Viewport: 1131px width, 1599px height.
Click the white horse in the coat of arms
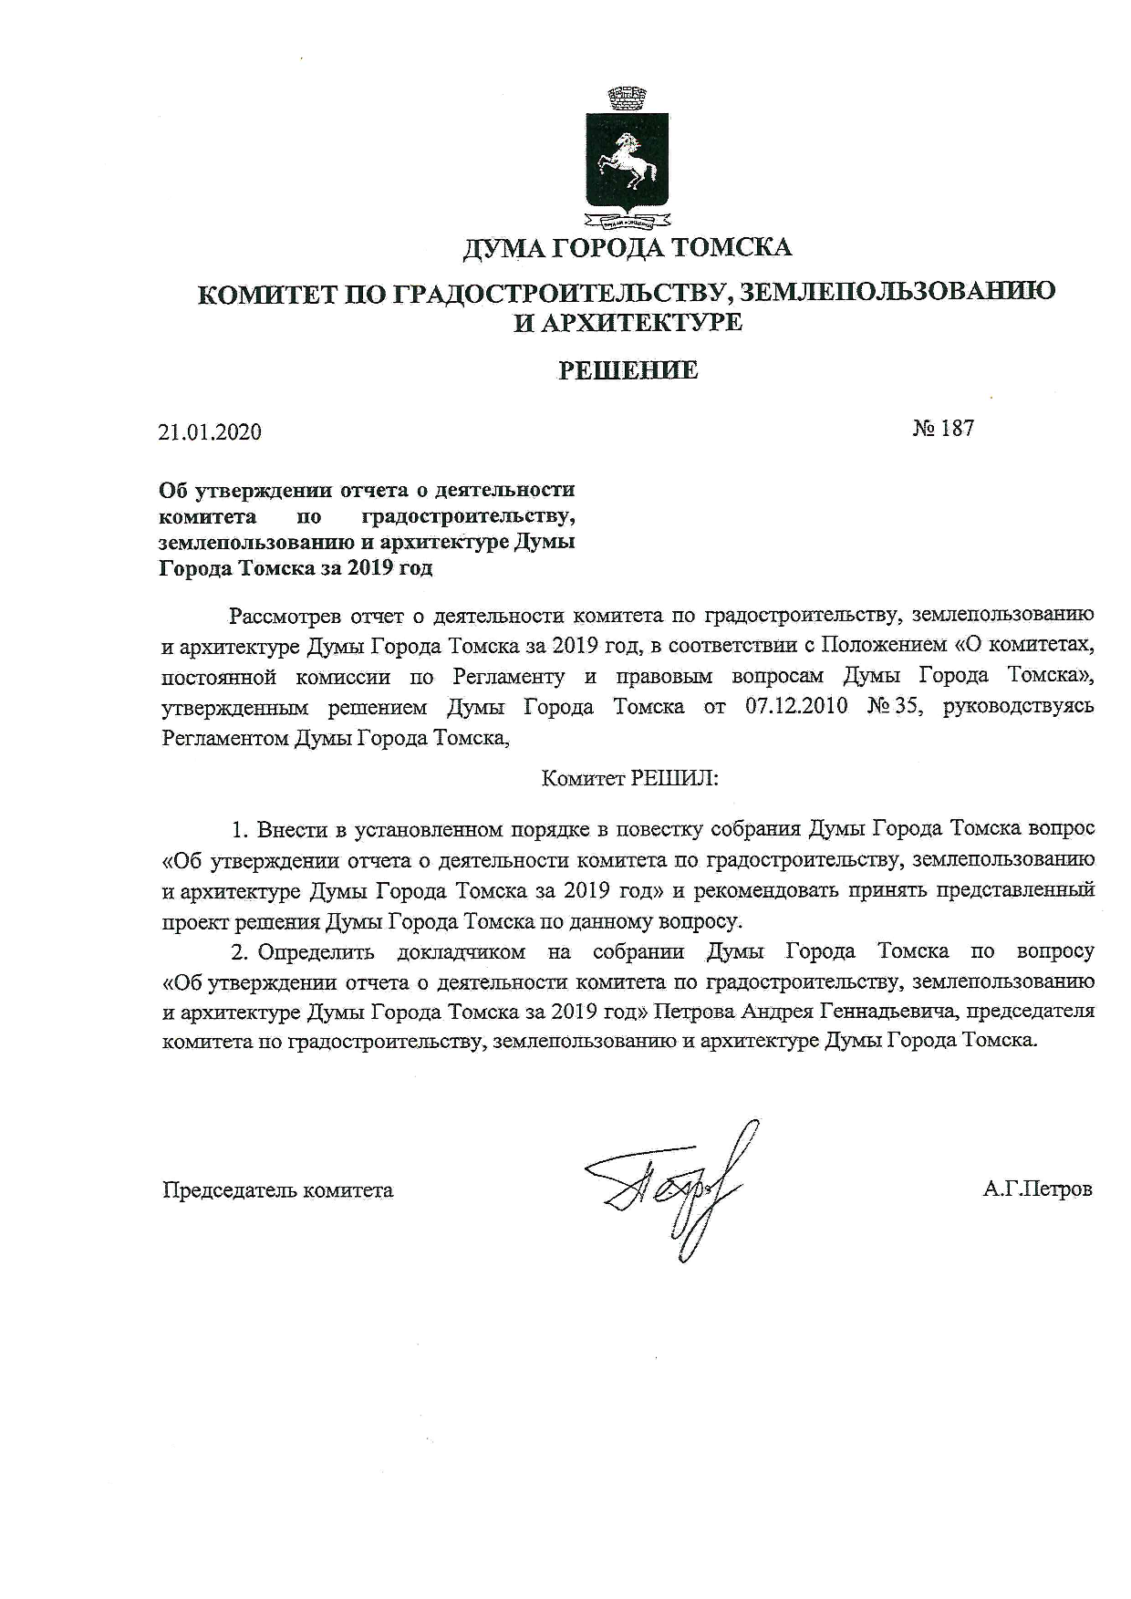pyautogui.click(x=627, y=161)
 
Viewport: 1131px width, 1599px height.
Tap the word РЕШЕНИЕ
pyautogui.click(x=628, y=370)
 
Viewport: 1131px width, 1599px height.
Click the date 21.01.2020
pyautogui.click(x=210, y=431)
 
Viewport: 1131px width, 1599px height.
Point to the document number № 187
pyautogui.click(x=943, y=428)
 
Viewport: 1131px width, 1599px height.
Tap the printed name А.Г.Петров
pyautogui.click(x=1038, y=1189)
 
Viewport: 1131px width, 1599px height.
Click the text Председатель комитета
pyautogui.click(x=277, y=1189)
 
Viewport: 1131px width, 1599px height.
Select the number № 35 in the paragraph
pyautogui.click(x=890, y=707)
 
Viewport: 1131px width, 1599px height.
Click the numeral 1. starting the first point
pyautogui.click(x=240, y=830)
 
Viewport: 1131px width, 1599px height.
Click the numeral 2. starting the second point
pyautogui.click(x=240, y=952)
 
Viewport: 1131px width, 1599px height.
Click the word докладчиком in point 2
pyautogui.click(x=462, y=952)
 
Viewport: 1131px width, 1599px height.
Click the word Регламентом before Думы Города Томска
pyautogui.click(x=224, y=738)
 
